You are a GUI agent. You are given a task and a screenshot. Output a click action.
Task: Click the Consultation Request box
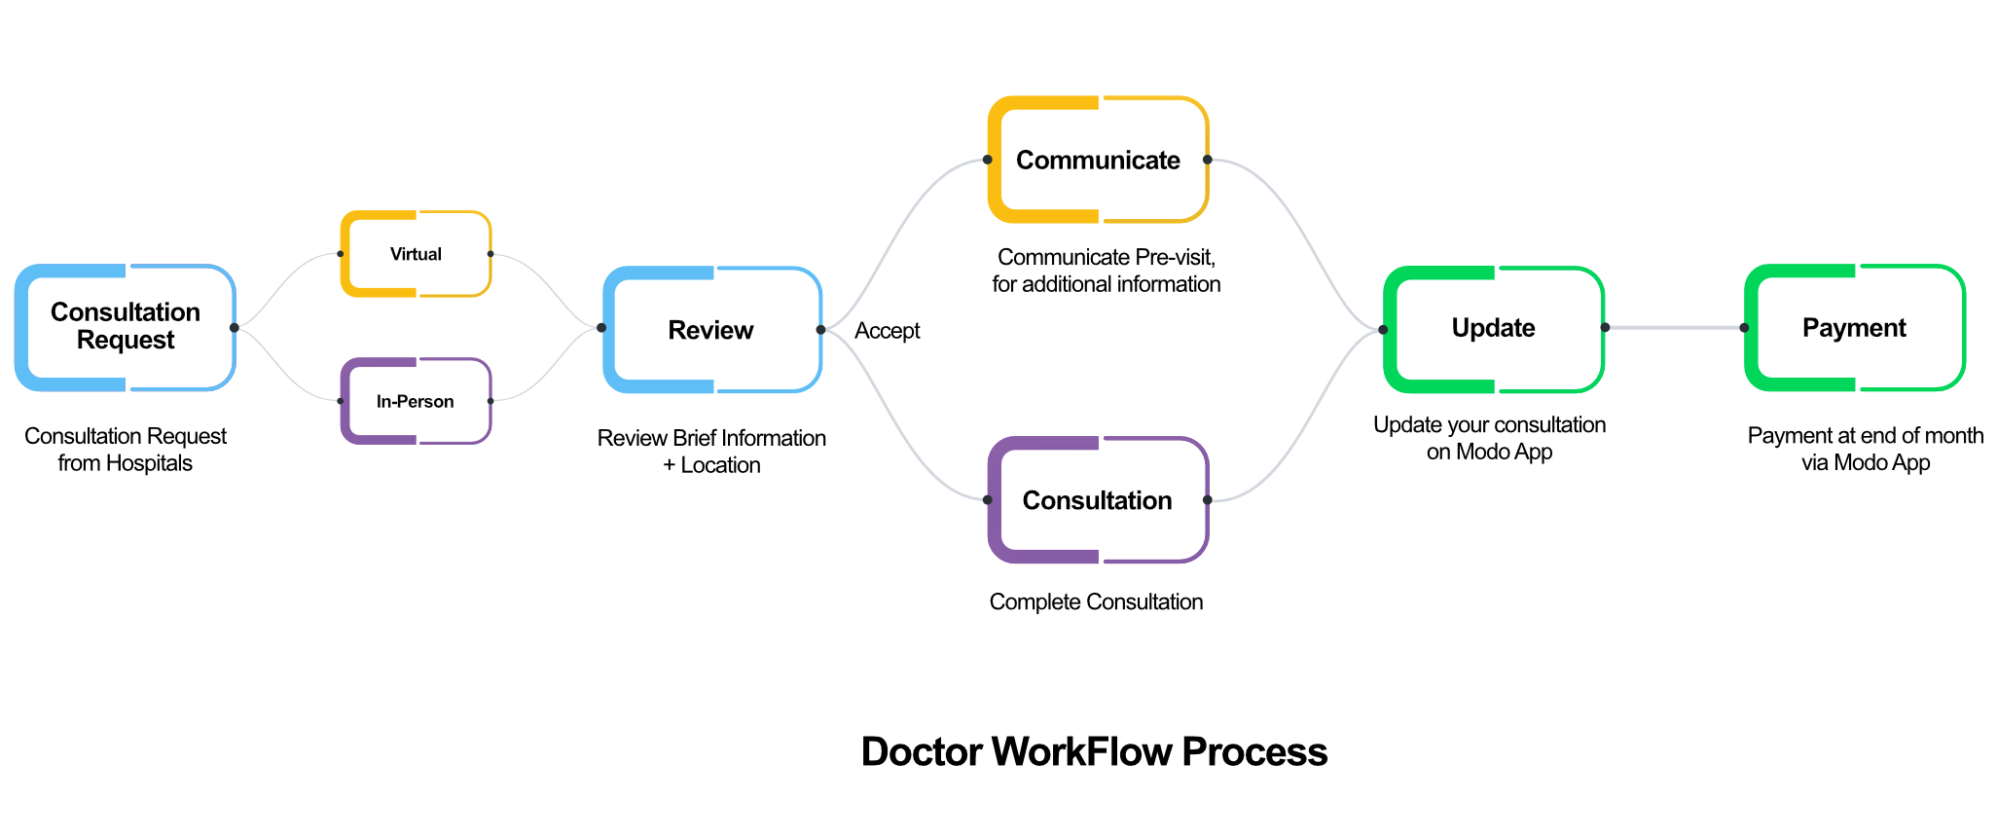coord(126,327)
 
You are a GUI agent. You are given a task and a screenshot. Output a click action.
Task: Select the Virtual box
coord(416,254)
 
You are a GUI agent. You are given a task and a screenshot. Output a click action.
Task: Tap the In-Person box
coord(416,402)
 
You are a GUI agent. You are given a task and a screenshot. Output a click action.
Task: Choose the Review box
coord(711,330)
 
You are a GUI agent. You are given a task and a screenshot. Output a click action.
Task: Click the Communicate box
coord(1098,161)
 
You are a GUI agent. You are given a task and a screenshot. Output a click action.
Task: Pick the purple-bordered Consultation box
coord(1098,500)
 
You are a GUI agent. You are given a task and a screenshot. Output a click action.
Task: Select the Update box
coord(1493,328)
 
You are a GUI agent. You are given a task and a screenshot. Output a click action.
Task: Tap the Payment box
coord(1854,328)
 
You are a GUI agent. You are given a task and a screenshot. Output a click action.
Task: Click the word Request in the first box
coord(126,341)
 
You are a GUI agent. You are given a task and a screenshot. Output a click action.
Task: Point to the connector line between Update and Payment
coord(1674,328)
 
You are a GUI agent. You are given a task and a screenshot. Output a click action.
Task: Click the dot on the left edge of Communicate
coord(987,160)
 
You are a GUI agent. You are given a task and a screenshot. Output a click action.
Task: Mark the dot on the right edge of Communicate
coord(1207,160)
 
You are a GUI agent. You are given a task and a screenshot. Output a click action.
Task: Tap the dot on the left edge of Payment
coord(1744,328)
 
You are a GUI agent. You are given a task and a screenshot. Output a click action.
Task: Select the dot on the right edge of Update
coord(1604,328)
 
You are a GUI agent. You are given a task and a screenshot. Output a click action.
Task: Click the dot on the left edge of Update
coord(1383,329)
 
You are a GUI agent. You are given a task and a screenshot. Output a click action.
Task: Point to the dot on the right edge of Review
coord(820,330)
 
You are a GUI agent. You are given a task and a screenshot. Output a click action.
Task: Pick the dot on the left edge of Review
coord(601,328)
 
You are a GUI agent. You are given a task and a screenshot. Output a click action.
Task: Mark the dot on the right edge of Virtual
coord(490,254)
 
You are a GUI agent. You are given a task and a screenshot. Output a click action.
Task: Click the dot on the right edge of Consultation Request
coord(234,328)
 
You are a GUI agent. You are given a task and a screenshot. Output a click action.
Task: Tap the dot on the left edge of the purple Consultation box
coord(987,500)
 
